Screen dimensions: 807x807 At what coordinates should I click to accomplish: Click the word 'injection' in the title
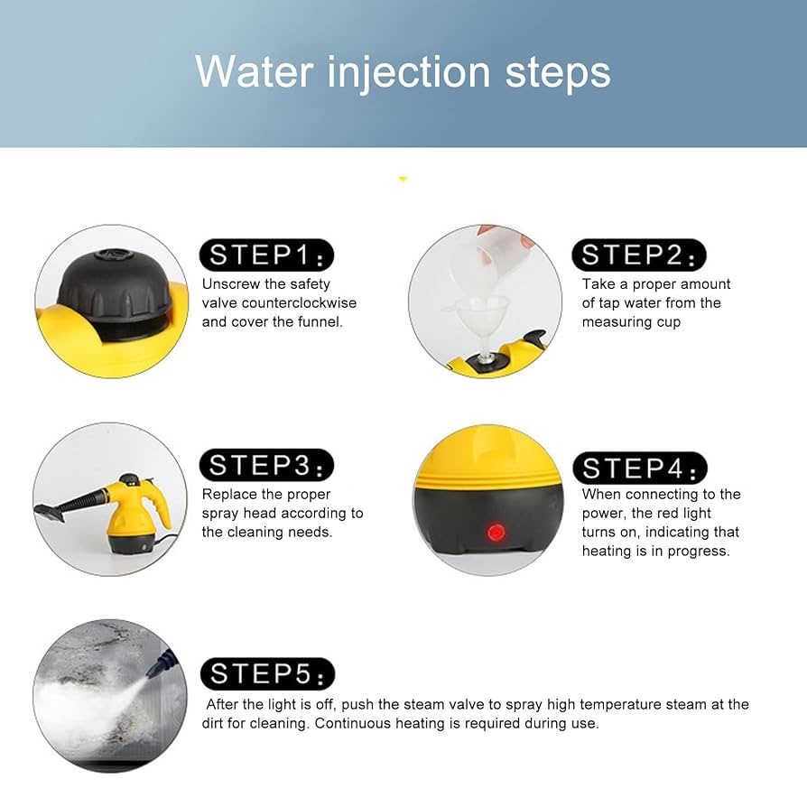[409, 73]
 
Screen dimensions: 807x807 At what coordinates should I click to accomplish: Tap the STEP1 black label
[266, 255]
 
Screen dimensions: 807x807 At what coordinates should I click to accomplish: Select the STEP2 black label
[639, 255]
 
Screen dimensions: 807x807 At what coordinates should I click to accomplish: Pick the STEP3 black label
[266, 465]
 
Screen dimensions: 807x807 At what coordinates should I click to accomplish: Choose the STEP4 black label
[640, 468]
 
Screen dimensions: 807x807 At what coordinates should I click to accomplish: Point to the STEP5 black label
[267, 673]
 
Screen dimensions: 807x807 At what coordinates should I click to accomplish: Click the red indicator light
[496, 533]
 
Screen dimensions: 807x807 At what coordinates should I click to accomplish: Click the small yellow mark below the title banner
[403, 179]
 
